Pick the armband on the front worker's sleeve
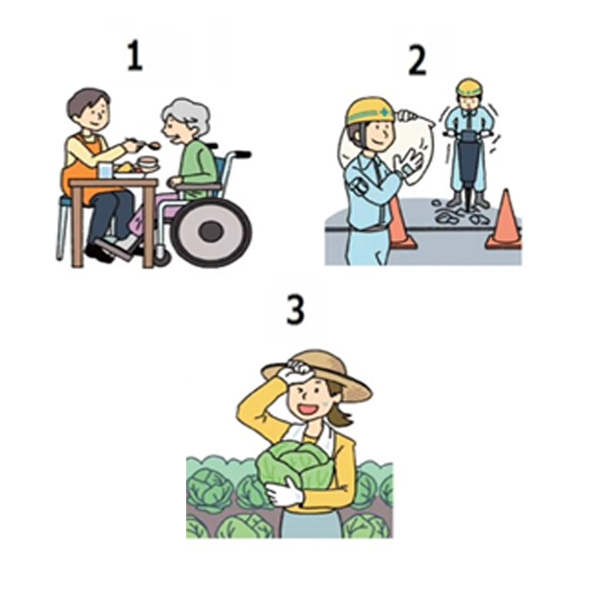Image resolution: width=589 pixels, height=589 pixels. [358, 186]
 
